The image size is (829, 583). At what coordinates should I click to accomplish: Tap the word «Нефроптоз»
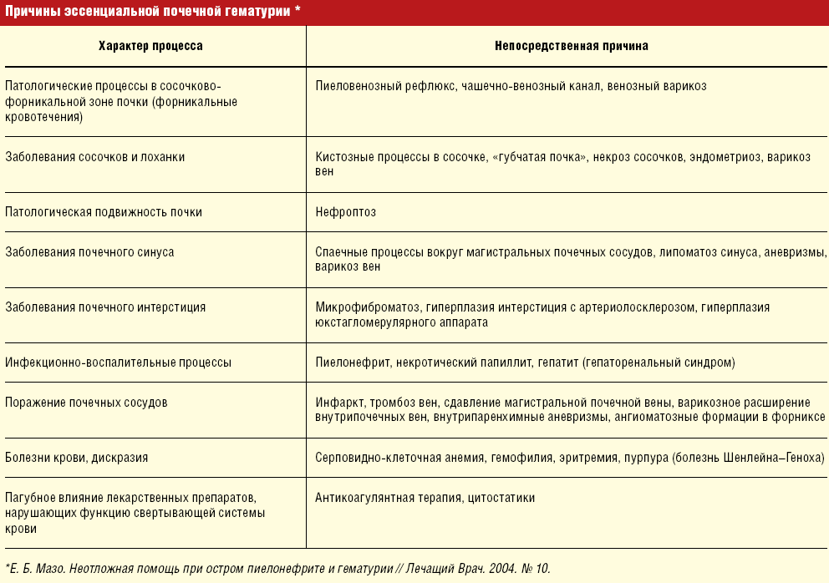click(x=346, y=212)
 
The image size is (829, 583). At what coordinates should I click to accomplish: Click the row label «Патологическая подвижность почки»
click(x=104, y=212)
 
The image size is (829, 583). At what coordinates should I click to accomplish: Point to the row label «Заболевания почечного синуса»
click(x=89, y=251)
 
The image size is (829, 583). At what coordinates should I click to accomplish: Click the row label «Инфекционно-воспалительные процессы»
click(x=118, y=362)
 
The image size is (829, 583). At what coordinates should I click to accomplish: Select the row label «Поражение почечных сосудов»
click(x=86, y=402)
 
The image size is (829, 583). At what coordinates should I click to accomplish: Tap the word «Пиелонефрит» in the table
click(x=349, y=362)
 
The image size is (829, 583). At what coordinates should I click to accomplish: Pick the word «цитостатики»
click(x=501, y=498)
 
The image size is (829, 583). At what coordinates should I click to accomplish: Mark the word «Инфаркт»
click(x=337, y=402)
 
